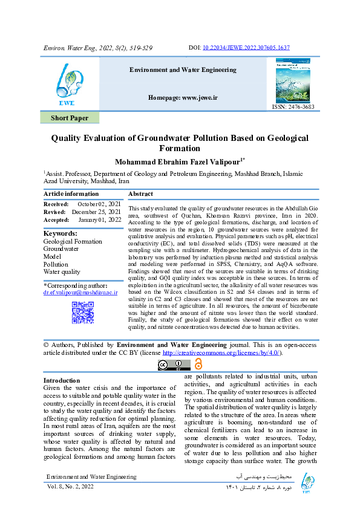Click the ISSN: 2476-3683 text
[293, 107]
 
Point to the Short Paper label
[70, 118]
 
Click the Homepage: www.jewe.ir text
[183, 97]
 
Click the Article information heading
[71, 193]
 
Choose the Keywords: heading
[61, 233]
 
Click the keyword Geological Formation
[73, 241]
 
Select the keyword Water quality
[62, 272]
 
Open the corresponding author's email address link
[80, 292]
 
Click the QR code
[82, 312]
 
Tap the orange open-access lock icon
[198, 363]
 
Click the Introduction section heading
[62, 380]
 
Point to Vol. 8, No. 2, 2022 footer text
[71, 486]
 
